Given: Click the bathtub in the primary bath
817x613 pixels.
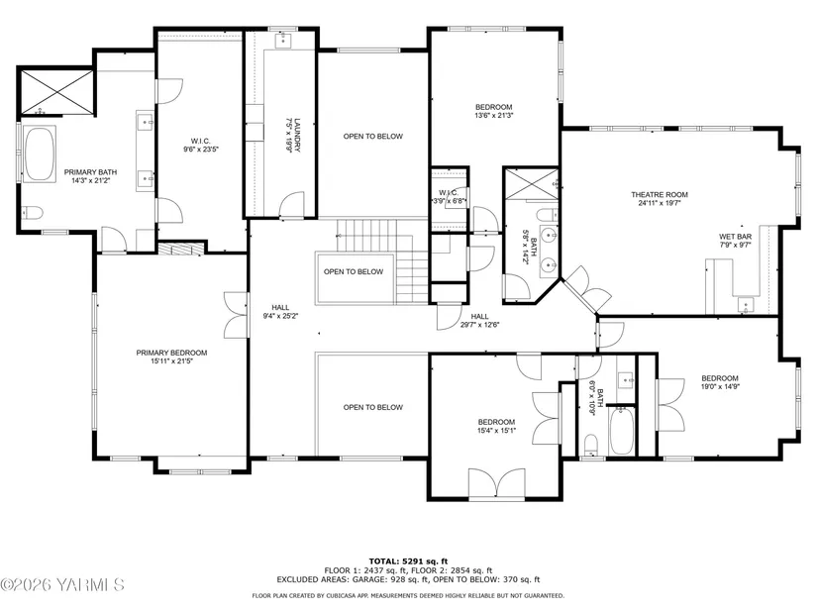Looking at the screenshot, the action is coord(40,153).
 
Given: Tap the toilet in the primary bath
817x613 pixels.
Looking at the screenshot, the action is coord(32,213).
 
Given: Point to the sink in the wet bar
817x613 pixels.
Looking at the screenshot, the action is coord(746,305).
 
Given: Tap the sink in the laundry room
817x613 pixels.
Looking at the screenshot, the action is coord(283,41).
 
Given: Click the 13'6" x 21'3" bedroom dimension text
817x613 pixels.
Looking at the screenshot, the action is coord(494,115).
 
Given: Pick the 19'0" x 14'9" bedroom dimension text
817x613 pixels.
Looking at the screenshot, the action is coord(720,387).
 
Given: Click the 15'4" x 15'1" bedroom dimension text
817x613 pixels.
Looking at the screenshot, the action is coord(496,430).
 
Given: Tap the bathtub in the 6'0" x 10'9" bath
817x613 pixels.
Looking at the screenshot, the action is coord(622,431).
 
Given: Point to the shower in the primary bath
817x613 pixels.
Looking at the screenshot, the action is coord(56,92).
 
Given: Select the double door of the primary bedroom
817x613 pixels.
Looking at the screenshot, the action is coord(236,315).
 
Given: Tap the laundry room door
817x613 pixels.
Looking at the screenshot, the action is coord(292,204).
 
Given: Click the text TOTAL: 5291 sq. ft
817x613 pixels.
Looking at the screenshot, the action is coord(408,562).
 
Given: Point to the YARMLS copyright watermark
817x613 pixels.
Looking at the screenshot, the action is coord(62,585).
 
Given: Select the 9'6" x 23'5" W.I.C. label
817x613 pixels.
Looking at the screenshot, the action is coord(201,145).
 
